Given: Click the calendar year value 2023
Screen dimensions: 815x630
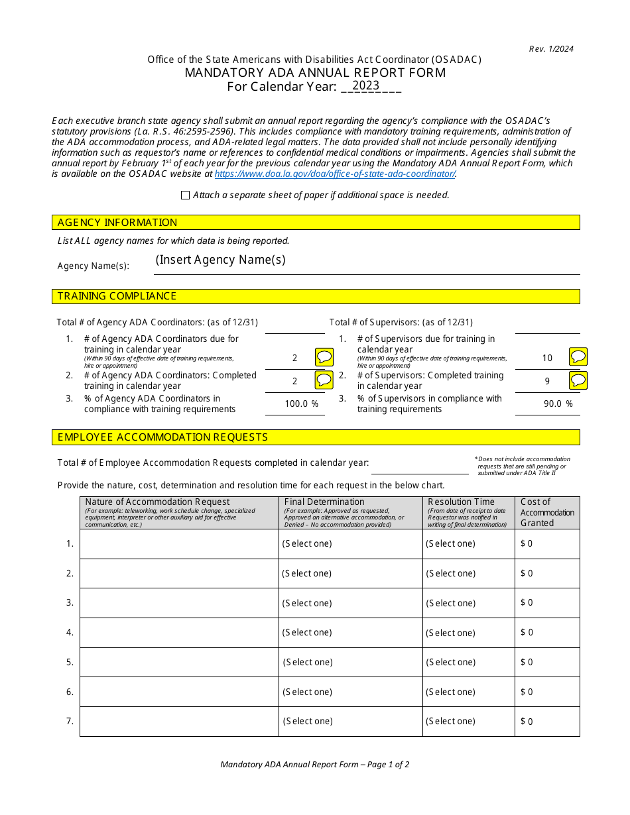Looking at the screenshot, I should (365, 85).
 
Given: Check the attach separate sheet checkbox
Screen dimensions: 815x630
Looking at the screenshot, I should (185, 195).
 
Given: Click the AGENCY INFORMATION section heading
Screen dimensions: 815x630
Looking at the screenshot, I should (117, 223).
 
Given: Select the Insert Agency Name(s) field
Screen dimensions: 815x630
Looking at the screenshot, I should (221, 260).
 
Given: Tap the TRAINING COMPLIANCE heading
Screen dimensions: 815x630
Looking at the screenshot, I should (117, 296).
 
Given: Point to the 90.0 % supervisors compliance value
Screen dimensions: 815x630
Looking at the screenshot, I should (558, 404).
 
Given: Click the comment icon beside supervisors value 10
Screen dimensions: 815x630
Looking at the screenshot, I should (578, 356).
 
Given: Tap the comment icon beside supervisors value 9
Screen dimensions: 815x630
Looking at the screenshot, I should (578, 380).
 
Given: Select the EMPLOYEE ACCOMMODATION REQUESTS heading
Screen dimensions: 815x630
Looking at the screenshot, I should (162, 437).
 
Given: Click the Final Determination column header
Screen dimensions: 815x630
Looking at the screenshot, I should (324, 502).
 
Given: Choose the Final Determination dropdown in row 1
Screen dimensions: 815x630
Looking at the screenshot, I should (307, 544).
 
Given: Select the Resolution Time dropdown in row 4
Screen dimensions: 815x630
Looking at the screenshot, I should (450, 633).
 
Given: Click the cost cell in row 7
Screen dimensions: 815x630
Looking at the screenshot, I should (546, 722).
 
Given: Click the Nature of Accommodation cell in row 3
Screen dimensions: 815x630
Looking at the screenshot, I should (179, 603).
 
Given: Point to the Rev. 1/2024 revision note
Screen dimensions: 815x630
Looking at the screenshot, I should (551, 48).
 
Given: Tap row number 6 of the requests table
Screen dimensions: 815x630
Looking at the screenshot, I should (70, 692).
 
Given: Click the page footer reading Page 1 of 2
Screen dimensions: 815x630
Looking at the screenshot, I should (314, 764).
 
